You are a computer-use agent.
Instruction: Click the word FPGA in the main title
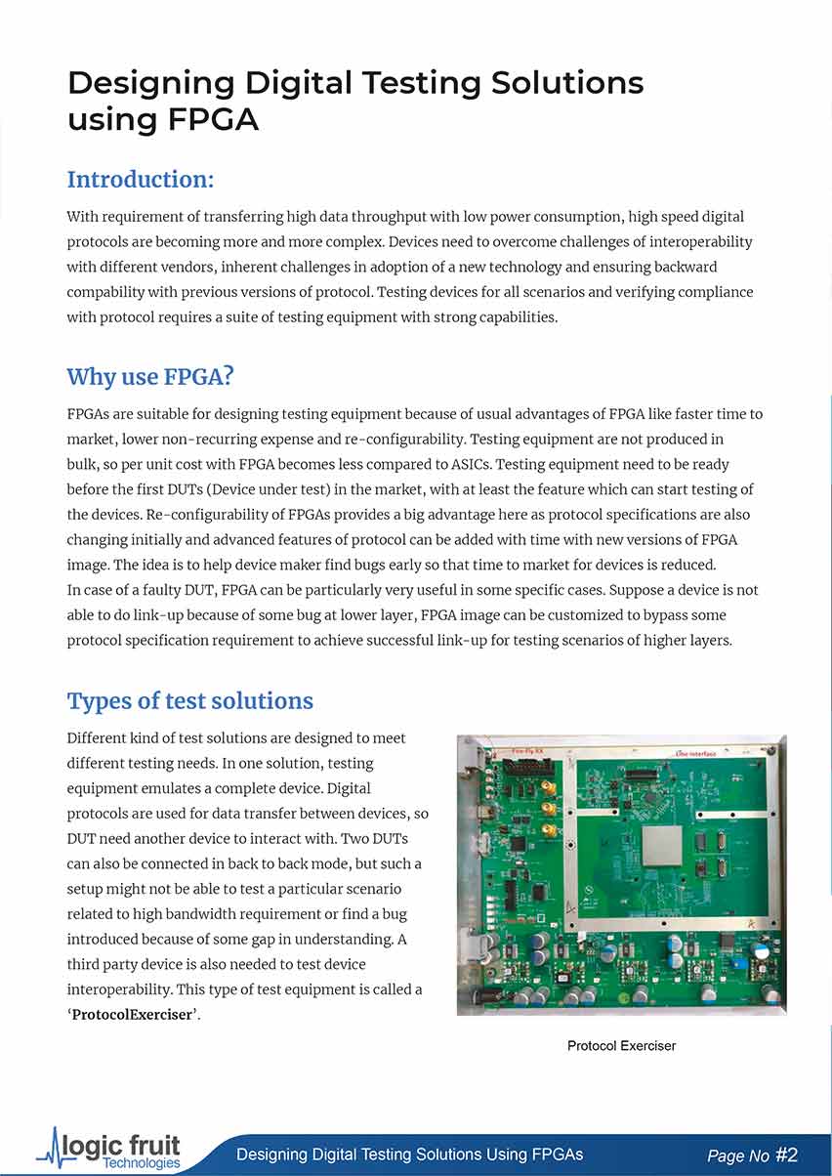coord(212,119)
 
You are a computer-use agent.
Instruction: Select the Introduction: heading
coord(140,180)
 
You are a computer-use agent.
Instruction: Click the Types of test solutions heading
coord(189,700)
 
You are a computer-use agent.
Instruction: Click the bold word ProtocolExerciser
coord(132,1014)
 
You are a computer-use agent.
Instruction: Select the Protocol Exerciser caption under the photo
coord(621,1046)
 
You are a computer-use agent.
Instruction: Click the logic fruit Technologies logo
coord(109,1150)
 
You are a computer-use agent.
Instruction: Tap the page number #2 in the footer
coord(786,1155)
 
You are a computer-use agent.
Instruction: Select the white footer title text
coord(409,1155)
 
